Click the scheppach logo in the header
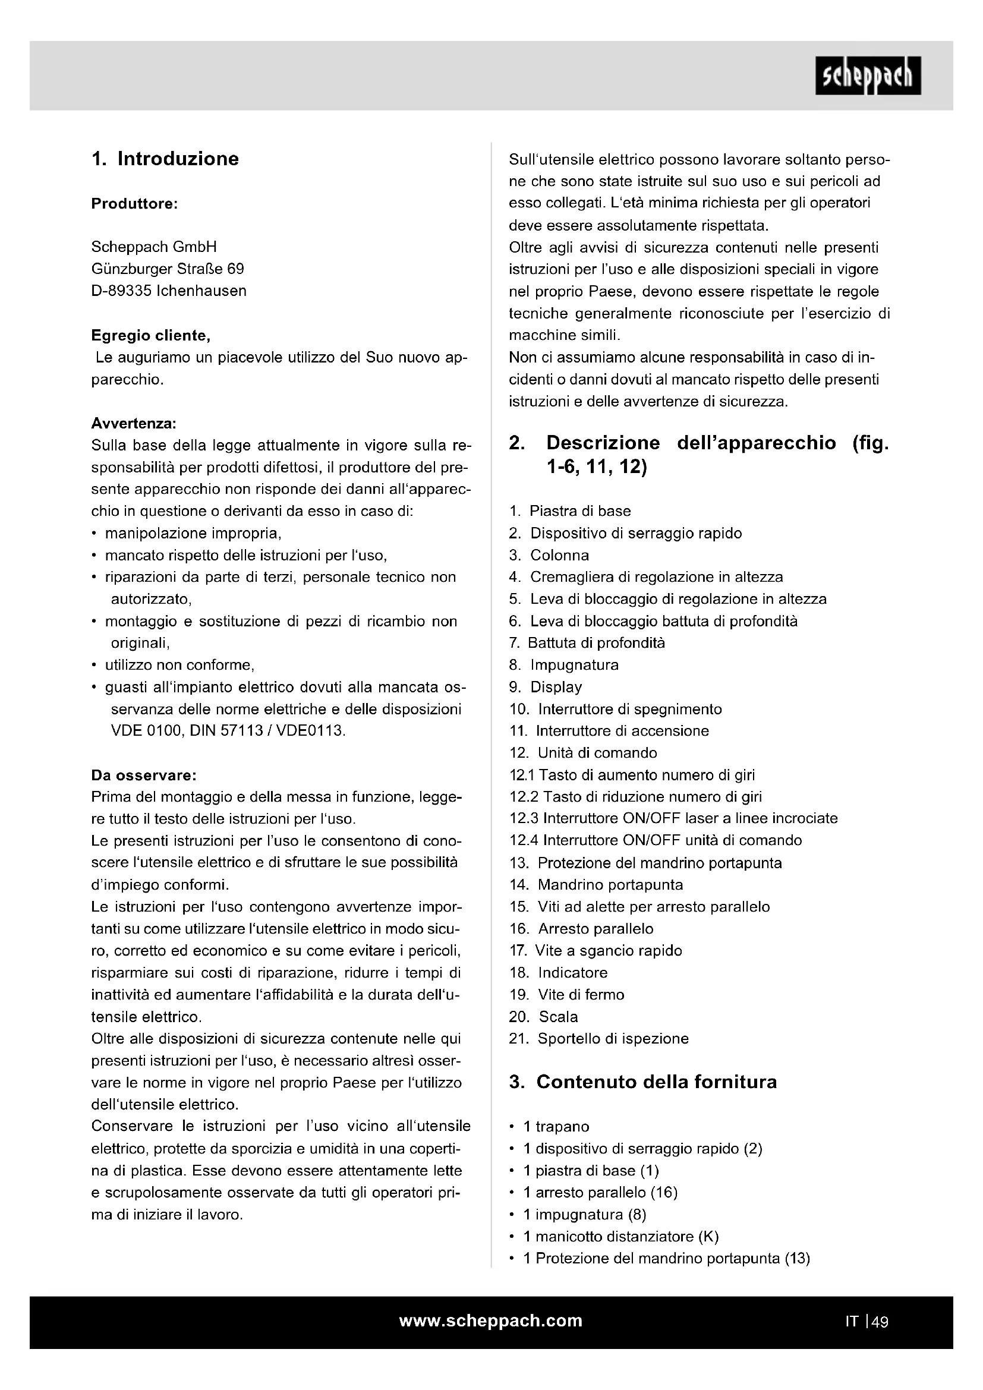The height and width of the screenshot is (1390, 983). [867, 75]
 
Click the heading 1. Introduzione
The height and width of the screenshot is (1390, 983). [165, 159]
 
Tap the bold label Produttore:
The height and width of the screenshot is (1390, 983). [134, 204]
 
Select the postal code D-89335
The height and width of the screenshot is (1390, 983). [121, 291]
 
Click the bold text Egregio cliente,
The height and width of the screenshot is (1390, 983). [151, 335]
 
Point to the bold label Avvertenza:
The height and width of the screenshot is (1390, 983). [134, 423]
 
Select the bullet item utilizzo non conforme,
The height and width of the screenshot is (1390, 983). [179, 666]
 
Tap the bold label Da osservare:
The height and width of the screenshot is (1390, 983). [144, 776]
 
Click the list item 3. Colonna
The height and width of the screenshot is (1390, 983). [549, 555]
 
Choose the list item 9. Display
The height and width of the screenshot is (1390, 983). [546, 687]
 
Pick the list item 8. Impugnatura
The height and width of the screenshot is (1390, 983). [563, 666]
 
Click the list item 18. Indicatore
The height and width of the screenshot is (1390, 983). [558, 973]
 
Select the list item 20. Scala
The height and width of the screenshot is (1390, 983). [544, 1017]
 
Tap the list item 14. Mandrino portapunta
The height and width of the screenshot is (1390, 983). [596, 885]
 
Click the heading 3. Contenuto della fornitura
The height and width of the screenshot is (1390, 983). [643, 1082]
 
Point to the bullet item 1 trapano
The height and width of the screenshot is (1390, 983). [556, 1127]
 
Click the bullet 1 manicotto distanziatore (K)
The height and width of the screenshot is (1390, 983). [620, 1237]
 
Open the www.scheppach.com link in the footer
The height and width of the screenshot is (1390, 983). [491, 1321]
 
